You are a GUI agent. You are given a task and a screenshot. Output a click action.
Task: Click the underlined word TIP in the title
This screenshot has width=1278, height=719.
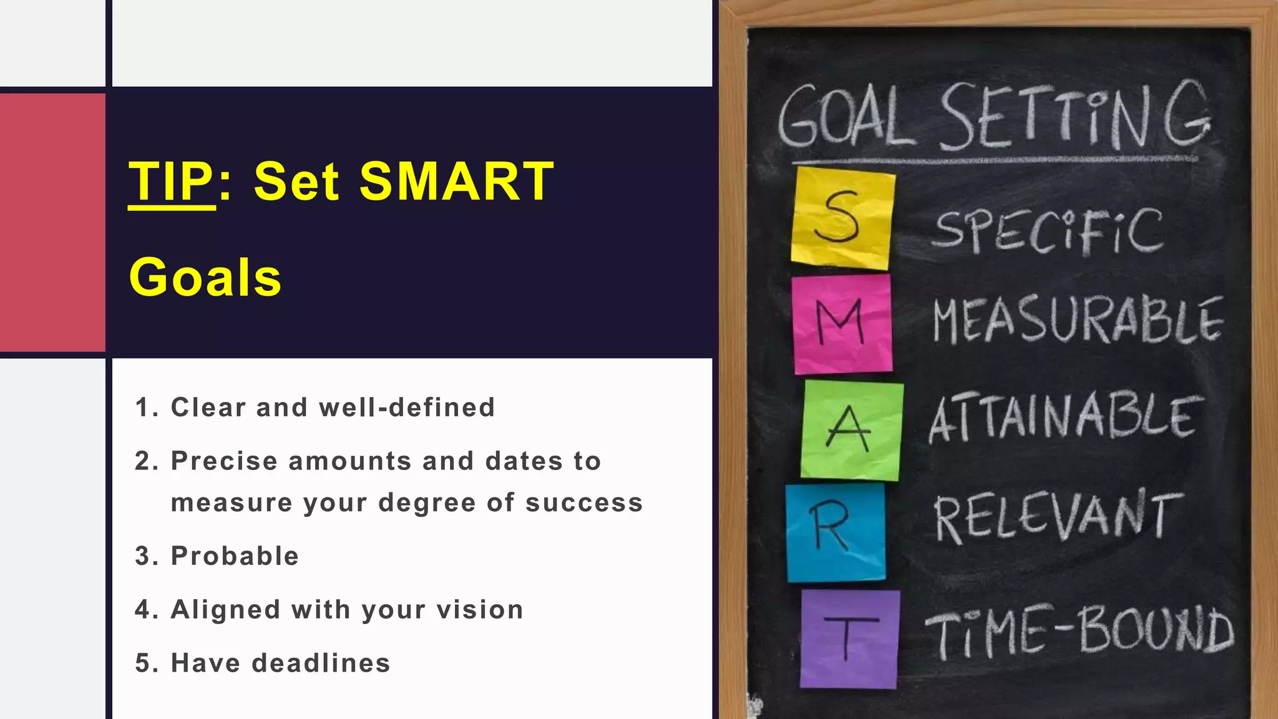171,182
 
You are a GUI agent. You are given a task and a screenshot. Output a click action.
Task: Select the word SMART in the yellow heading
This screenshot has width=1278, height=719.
456,182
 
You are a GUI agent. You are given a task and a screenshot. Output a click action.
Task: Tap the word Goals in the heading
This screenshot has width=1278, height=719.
205,278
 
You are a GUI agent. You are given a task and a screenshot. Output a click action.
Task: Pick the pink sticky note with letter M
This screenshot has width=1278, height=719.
842,324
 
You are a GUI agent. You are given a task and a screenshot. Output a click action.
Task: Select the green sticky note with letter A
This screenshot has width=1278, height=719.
851,430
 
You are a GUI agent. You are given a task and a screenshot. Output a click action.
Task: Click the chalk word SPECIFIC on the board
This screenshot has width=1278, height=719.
1048,232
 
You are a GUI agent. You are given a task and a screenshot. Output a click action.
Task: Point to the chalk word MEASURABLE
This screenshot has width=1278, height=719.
1077,321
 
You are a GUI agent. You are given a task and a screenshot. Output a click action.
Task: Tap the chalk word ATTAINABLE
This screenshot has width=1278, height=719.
1065,418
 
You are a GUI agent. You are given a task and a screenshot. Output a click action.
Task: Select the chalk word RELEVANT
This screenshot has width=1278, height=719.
1057,516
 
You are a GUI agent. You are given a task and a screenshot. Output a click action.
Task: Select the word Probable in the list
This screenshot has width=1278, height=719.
235,556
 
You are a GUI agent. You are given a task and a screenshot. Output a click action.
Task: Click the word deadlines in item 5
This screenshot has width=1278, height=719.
321,663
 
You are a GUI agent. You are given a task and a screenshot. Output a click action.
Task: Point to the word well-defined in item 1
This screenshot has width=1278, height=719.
407,408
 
